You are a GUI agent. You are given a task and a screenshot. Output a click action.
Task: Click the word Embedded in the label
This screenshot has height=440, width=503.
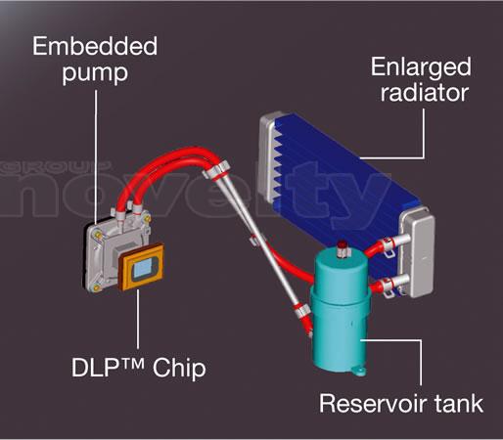pos(95,46)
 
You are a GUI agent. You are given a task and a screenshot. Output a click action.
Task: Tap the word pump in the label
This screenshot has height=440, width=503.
pos(95,73)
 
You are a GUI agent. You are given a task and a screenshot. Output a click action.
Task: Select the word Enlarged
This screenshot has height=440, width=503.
pos(421,67)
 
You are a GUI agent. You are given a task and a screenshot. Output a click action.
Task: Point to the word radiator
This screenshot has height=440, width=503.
pos(425,93)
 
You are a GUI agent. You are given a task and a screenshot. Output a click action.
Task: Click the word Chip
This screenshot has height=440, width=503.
pos(179,369)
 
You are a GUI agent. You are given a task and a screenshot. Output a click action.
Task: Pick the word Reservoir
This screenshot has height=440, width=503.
pos(373,404)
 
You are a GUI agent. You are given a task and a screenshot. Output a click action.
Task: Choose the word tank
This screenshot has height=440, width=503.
pos(459,404)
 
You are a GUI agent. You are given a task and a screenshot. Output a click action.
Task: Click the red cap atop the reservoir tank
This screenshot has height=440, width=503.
pos(342,243)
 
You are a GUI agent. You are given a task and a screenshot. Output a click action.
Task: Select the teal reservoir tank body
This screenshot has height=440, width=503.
pos(341,310)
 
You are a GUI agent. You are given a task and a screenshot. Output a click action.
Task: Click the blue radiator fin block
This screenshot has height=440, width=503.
pos(340,183)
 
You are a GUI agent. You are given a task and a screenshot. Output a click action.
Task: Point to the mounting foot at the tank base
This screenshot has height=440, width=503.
pos(359,371)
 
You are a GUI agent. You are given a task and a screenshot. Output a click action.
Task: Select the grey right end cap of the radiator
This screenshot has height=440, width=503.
pos(418,251)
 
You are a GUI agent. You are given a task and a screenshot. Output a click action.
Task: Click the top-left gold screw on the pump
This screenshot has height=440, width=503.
pos(98,234)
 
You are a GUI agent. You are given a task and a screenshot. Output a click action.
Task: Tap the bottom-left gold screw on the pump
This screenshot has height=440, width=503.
pos(96,287)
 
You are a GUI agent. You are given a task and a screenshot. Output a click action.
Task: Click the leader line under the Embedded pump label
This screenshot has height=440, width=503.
pos(96,157)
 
